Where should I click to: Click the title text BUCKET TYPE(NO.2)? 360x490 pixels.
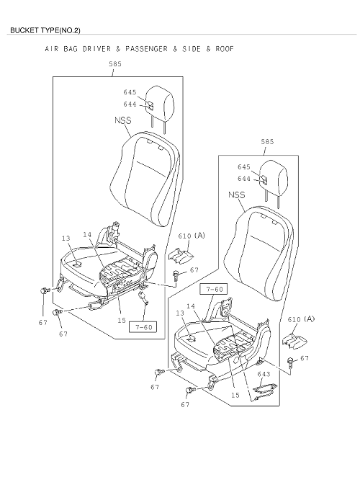click(45, 30)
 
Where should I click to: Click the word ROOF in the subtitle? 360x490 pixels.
click(225, 49)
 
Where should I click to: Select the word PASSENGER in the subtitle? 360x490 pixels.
click(146, 49)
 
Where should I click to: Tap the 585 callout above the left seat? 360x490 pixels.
click(115, 64)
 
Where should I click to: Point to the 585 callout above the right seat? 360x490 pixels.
click(267, 141)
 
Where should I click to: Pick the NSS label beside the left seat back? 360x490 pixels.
click(123, 120)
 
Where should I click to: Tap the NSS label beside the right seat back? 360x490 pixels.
click(237, 195)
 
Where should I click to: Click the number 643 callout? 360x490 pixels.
click(264, 374)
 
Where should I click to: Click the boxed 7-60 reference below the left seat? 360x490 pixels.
click(143, 327)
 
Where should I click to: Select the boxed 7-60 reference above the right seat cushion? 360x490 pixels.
click(215, 290)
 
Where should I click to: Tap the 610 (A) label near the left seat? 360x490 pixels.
click(192, 236)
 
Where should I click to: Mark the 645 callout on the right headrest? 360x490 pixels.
click(244, 167)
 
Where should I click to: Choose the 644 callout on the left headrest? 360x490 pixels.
click(130, 104)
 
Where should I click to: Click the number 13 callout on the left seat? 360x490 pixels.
click(66, 239)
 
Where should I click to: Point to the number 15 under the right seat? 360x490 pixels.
click(235, 395)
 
